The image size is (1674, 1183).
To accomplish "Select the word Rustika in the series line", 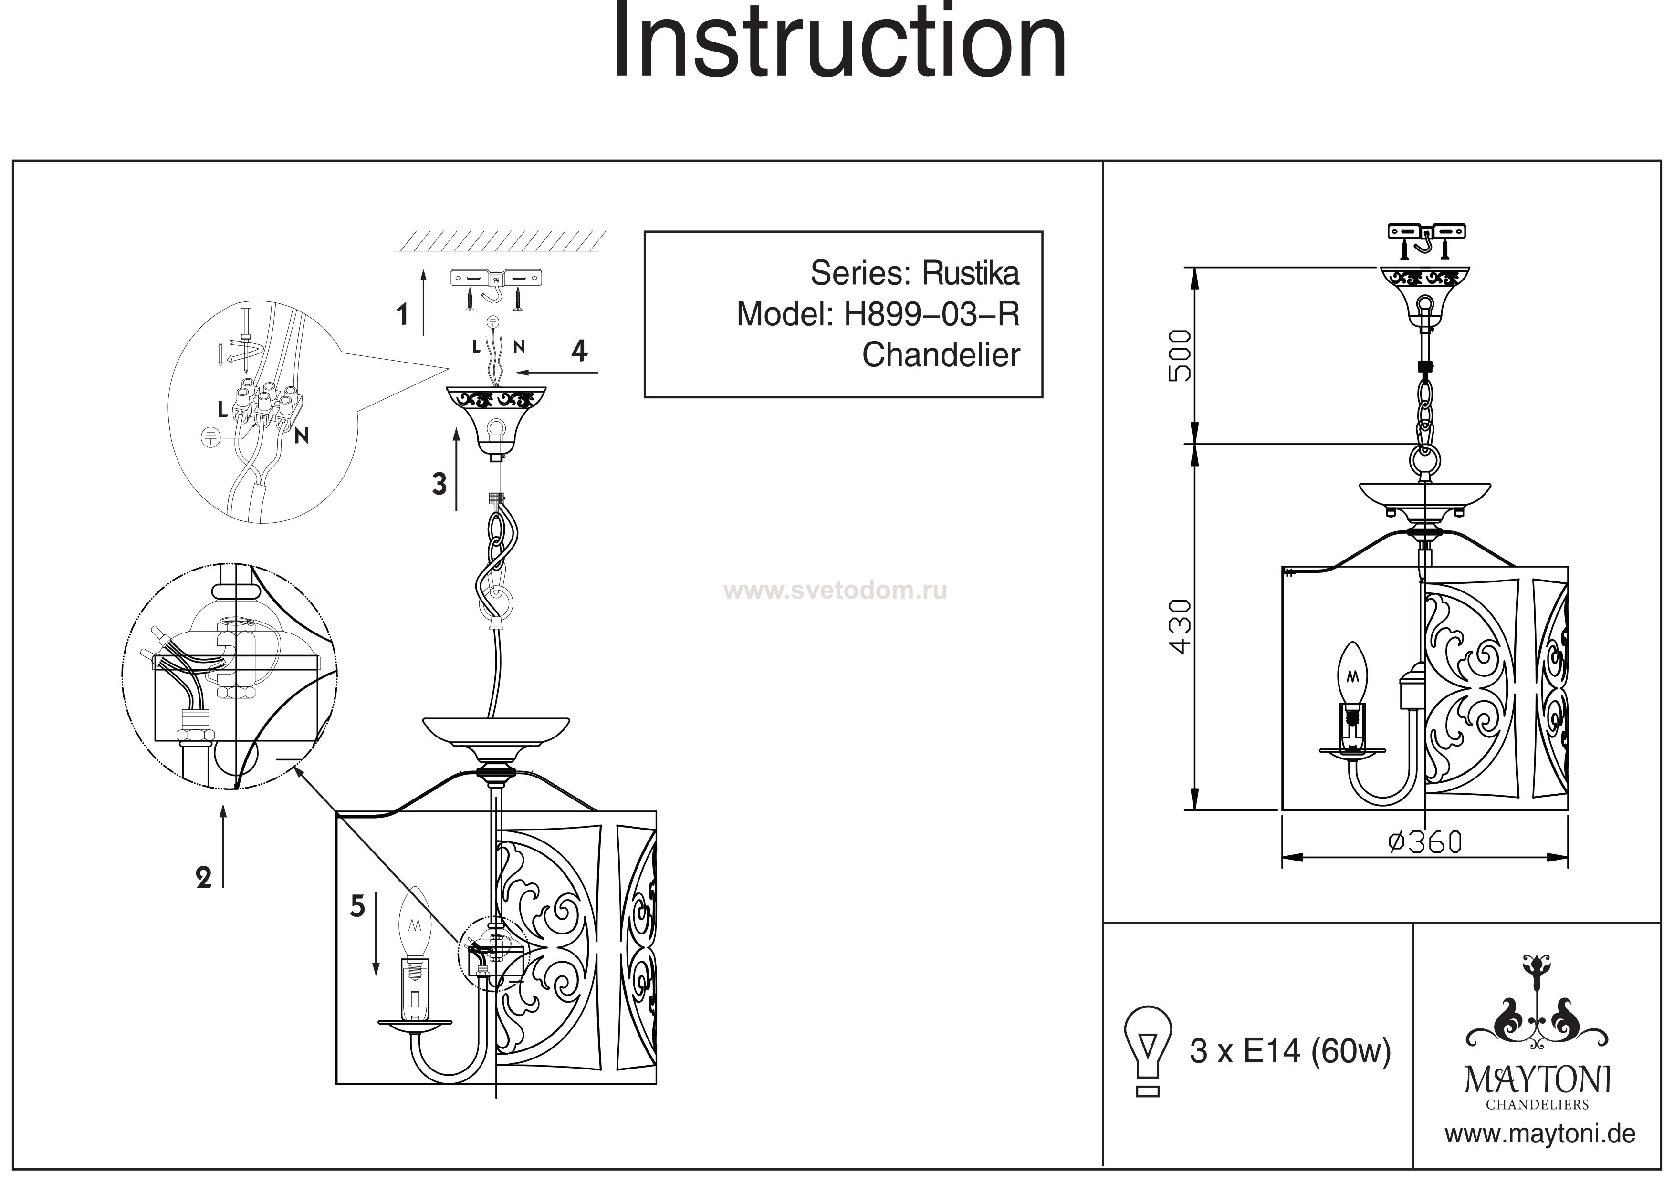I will pyautogui.click(x=971, y=273).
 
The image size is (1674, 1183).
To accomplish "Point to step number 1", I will pyautogui.click(x=402, y=315).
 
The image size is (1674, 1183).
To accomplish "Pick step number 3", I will pyautogui.click(x=439, y=484).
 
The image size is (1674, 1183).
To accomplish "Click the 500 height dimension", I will pyautogui.click(x=1180, y=356).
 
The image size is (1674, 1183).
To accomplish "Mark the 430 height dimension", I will pyautogui.click(x=1180, y=627).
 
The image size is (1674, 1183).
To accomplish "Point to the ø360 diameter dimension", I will pyautogui.click(x=1424, y=842).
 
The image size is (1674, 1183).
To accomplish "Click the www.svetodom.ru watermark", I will pyautogui.click(x=836, y=591).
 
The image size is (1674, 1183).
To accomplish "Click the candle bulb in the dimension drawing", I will pyautogui.click(x=1354, y=674).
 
